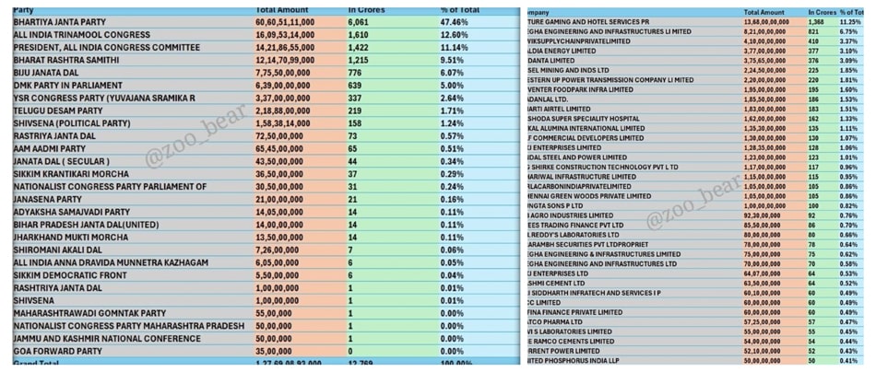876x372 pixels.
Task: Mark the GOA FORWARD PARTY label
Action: pyautogui.click(x=52, y=352)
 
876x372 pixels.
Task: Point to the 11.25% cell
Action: pyautogui.click(x=849, y=20)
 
